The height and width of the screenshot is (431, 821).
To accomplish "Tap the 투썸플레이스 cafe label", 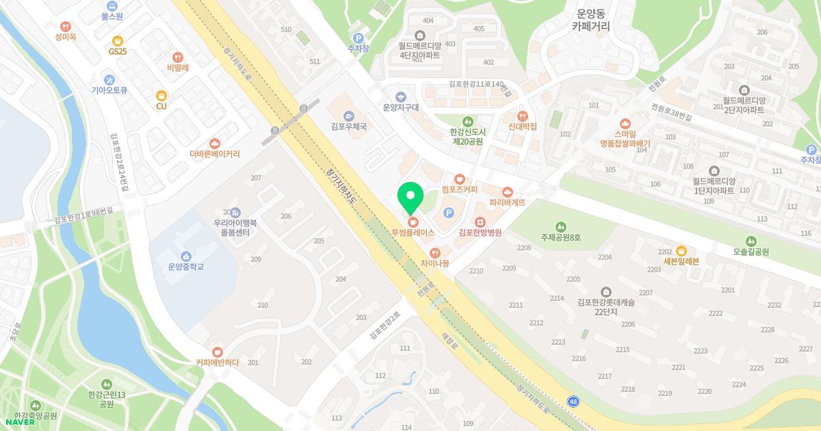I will coord(413,233).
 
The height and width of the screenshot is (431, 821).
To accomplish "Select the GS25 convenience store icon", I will coord(118,40).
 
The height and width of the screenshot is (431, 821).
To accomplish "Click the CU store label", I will coord(161,106).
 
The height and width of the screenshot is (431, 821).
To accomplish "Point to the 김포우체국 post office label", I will coord(348,127).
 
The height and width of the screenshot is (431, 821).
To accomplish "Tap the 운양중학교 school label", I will coord(186,266).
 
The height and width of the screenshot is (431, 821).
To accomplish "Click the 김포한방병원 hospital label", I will coord(480,233).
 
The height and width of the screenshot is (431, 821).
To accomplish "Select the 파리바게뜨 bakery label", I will coord(507,203).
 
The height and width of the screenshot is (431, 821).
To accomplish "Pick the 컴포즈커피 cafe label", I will coord(459,188).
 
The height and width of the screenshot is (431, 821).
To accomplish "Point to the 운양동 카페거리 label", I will coord(591,20).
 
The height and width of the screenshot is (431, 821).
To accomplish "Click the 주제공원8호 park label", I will coord(560,237).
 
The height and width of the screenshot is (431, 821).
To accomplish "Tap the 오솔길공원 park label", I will coord(751,251).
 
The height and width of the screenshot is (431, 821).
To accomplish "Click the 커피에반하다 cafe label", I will coord(217,363).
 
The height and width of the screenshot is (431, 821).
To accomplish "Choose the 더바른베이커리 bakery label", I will coord(215,154).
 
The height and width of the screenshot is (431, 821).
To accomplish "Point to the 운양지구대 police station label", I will coord(400,107).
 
